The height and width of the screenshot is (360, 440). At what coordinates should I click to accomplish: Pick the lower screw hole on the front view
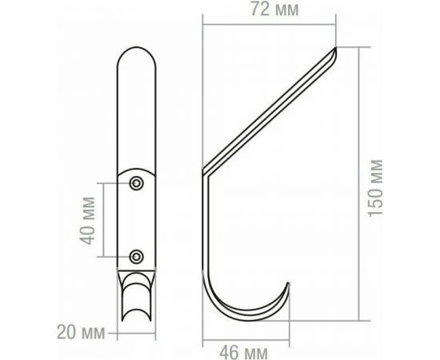point(137,256)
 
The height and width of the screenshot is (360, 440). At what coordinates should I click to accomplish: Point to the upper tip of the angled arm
point(334,51)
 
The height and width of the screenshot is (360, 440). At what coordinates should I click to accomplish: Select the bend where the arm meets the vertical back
point(206,172)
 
